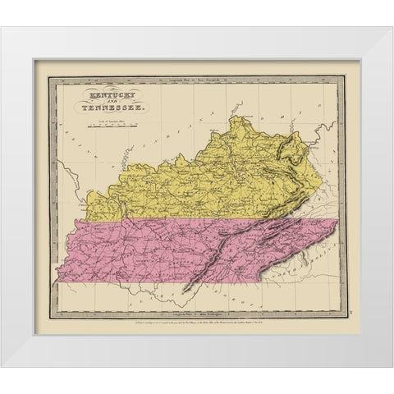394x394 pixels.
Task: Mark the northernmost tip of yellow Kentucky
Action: tap(240, 117)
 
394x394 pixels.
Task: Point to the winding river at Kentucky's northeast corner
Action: tap(306, 148)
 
